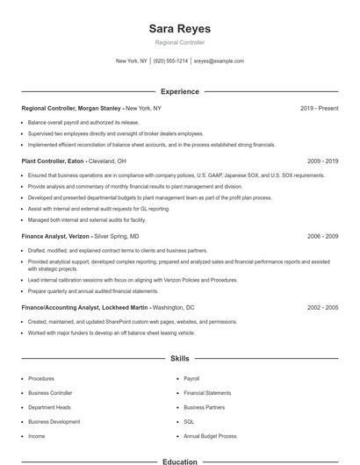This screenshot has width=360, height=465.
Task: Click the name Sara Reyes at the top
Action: [x=180, y=29]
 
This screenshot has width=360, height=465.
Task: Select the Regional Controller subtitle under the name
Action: [x=180, y=42]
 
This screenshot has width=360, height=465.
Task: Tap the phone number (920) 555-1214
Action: [x=170, y=61]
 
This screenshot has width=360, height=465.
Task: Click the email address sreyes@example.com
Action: [x=219, y=61]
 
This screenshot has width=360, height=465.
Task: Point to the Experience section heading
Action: [x=180, y=91]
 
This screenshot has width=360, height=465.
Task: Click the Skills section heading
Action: [x=180, y=359]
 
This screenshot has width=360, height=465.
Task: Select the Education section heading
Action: [x=180, y=461]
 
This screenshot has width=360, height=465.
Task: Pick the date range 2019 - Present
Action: [x=320, y=108]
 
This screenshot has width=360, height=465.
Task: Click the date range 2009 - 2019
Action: [x=323, y=161]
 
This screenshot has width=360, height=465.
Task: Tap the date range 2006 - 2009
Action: [x=323, y=237]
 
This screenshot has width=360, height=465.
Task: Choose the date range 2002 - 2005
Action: [x=323, y=308]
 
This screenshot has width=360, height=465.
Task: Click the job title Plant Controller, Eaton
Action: [x=53, y=161]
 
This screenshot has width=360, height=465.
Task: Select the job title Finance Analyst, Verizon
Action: [x=56, y=237]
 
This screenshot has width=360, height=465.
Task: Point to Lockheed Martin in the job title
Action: [x=124, y=308]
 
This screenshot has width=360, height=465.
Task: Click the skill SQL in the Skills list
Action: [x=188, y=421]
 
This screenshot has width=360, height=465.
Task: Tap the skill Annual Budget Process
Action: [x=210, y=435]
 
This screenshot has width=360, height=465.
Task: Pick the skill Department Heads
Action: [x=48, y=407]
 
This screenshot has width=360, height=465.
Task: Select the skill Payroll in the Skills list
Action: [x=191, y=379]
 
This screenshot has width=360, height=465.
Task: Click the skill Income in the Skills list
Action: [x=36, y=435]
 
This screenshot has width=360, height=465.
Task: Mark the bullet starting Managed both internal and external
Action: [x=74, y=221]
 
